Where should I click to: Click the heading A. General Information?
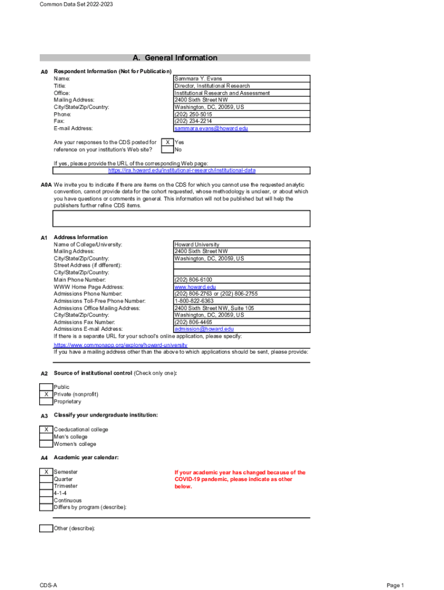tap(175, 58)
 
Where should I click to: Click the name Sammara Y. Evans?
tap(198, 78)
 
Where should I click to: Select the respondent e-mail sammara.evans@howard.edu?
tap(211, 128)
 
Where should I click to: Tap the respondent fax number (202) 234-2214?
tap(193, 121)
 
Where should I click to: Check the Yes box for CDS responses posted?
tap(167, 142)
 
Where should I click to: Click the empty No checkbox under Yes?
tap(167, 149)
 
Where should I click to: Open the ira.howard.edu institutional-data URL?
tap(182, 171)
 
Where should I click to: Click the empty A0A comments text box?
tap(182, 218)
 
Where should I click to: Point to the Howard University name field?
tap(197, 245)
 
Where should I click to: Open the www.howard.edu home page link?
tap(195, 286)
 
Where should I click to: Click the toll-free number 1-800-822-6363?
tap(194, 301)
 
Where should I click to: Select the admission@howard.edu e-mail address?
tap(204, 329)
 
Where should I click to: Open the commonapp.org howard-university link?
tap(121, 345)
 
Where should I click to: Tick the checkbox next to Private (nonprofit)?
tap(46, 394)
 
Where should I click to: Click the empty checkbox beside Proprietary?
tap(46, 402)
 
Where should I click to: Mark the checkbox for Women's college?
tap(46, 444)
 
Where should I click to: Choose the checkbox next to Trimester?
tap(46, 486)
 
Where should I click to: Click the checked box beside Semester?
tap(46, 472)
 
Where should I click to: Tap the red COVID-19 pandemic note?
tap(240, 479)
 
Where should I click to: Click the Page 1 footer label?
tap(395, 585)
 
